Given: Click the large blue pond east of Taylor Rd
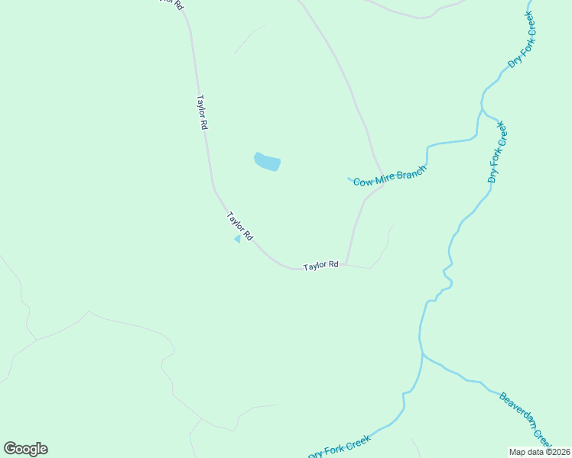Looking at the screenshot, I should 267,162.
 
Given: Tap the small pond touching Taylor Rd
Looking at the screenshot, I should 238,239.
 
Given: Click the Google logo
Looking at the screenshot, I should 25,448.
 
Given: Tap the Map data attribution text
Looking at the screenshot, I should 540,452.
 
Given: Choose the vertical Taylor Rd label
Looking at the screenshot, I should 202,112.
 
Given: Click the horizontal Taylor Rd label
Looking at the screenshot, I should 320,266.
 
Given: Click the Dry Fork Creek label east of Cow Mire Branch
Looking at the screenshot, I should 497,151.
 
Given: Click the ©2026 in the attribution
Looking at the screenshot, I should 557,452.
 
